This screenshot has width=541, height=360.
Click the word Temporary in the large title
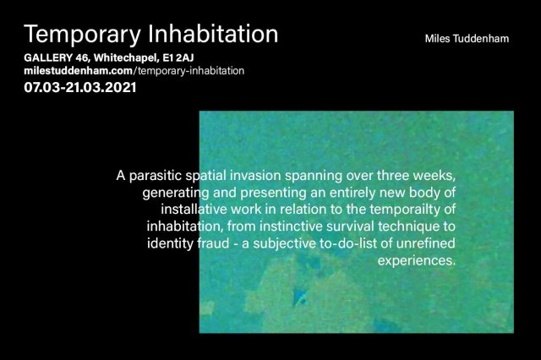coord(83,35)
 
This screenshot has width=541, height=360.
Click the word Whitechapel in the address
coord(126,58)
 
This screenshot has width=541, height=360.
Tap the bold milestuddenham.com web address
coord(79,71)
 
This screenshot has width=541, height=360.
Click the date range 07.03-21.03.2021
coord(80,87)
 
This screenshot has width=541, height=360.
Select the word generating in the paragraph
coord(176,194)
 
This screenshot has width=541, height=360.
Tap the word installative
coord(194,210)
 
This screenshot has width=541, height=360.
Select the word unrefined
coord(425,243)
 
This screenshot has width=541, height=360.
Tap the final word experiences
coord(417,261)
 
